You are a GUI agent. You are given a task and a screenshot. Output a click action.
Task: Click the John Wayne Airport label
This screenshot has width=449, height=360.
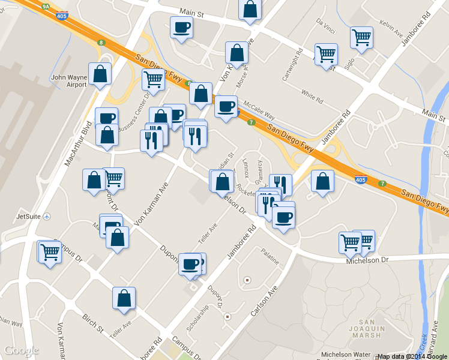(x=69, y=81)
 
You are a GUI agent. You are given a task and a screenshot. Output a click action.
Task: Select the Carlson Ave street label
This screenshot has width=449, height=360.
(x=264, y=301)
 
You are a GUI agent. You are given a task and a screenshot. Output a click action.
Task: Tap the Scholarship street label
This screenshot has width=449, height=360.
(x=197, y=318)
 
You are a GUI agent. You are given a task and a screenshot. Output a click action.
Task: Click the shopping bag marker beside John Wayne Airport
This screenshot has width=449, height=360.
(x=100, y=74)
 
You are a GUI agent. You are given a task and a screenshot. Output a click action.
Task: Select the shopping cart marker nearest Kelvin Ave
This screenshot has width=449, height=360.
(x=361, y=38)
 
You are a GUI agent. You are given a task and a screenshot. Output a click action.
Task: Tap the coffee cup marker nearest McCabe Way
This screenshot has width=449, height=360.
(x=226, y=107)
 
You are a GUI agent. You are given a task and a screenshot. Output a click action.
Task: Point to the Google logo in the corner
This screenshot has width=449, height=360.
(x=21, y=350)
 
